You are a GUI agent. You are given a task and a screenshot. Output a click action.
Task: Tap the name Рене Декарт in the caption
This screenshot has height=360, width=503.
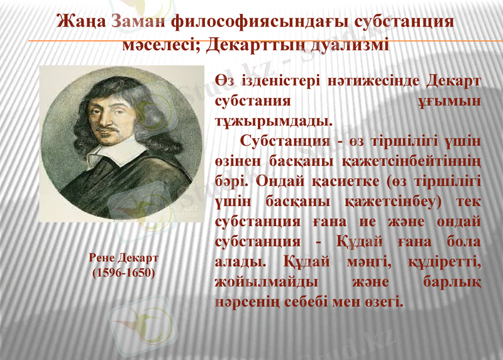(123, 259)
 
